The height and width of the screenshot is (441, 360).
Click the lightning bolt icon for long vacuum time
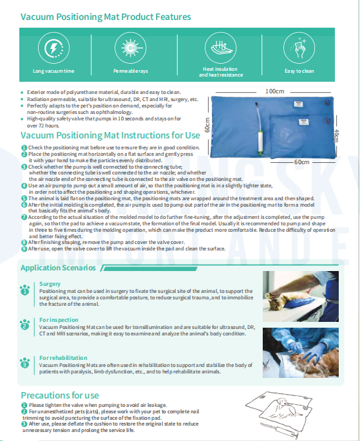tap(53, 48)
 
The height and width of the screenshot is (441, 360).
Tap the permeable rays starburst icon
tap(130, 48)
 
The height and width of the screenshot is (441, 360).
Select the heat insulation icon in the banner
tap(220, 48)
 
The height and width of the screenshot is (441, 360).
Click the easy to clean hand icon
tap(299, 48)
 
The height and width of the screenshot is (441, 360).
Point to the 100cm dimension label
tap(274, 91)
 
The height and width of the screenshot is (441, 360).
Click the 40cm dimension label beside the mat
tap(337, 136)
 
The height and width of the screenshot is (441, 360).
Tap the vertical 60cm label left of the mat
tap(207, 125)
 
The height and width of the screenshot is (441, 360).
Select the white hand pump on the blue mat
tap(260, 130)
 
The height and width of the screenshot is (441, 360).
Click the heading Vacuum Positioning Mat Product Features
tap(106, 17)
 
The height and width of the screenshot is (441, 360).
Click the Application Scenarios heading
tap(58, 268)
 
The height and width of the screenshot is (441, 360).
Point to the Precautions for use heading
tap(60, 395)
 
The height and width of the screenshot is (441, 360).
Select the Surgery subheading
tap(50, 284)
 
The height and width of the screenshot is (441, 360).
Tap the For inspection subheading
tap(59, 320)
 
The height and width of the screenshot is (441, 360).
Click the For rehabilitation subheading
tap(63, 358)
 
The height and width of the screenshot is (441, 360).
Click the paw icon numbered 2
tap(24, 324)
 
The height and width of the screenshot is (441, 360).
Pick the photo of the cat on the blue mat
tap(301, 296)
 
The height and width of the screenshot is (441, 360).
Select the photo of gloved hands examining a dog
tap(301, 353)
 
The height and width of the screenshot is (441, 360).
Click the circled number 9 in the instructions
tap(24, 249)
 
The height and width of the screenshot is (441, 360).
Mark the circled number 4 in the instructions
tap(24, 185)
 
